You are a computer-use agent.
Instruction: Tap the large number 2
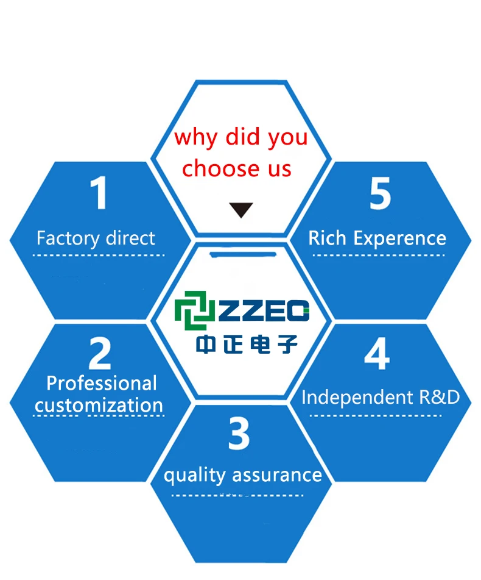point(100,353)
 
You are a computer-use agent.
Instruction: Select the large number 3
point(239,433)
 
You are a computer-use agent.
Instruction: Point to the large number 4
point(377,353)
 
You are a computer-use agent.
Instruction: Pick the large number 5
point(380,193)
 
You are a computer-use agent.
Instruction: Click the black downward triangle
point(240,210)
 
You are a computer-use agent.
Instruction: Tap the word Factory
point(63,239)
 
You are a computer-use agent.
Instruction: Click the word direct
point(125,238)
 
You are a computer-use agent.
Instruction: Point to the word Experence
point(400,239)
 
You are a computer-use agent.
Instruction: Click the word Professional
point(102,383)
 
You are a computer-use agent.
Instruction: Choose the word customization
point(99,406)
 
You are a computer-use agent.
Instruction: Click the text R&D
point(439,397)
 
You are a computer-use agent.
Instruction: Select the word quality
point(195,476)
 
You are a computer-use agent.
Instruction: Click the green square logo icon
point(195,310)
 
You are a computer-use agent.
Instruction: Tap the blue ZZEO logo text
point(264,310)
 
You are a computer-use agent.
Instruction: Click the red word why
point(195,138)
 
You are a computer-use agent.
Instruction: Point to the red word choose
point(221,168)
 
